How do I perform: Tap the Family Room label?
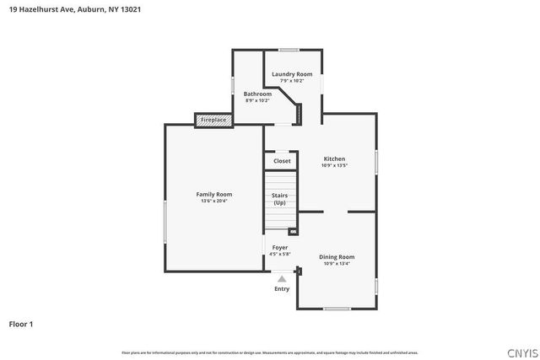coord(214,194)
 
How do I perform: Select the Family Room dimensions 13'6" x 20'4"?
coord(214,201)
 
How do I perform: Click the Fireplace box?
coord(213,121)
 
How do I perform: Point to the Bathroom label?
coord(257,94)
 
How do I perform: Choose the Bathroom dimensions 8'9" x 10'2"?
coord(257,100)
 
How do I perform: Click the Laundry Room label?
coord(291,74)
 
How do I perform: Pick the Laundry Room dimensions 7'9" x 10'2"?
coord(291,81)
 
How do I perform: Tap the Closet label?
coord(282,160)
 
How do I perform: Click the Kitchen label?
coord(335,159)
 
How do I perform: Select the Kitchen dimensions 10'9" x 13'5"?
coord(335,165)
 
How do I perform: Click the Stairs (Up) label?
coord(279,199)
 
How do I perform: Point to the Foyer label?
coord(279,247)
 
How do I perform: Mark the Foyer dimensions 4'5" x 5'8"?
coord(279,254)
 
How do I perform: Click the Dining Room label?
coord(337,256)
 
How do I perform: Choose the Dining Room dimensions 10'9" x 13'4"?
coord(337,263)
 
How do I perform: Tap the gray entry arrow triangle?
coord(282,278)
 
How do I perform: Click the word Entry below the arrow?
coord(282,288)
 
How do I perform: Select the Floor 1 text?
coord(21,323)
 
